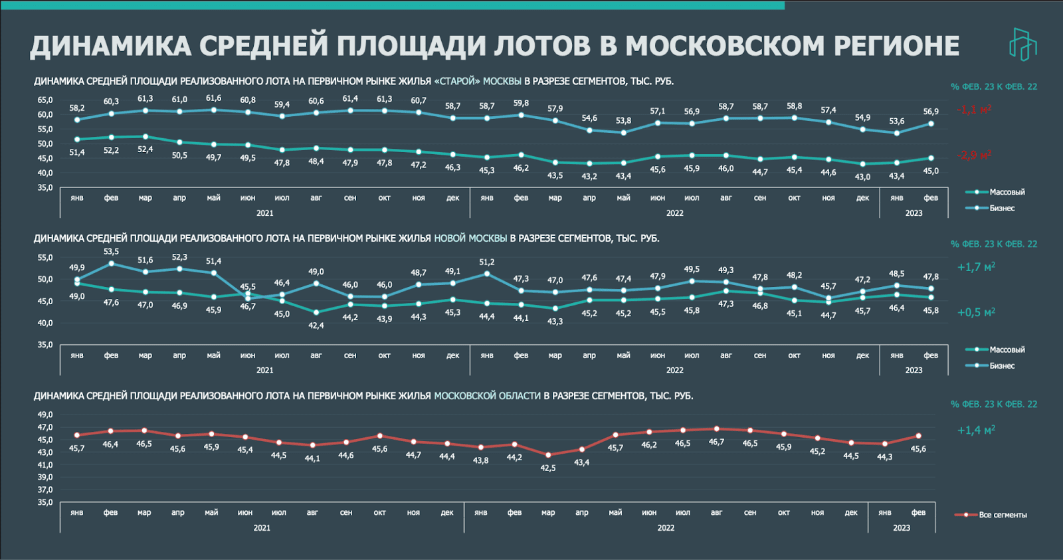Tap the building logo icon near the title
click(x=1022, y=45)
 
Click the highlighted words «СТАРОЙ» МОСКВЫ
click(x=478, y=81)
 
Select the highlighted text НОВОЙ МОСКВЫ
click(x=470, y=238)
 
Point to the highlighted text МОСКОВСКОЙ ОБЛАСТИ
click(x=487, y=395)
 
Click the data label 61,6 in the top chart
click(x=213, y=98)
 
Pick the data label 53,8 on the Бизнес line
click(x=623, y=121)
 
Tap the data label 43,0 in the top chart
click(x=862, y=177)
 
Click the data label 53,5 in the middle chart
click(x=111, y=252)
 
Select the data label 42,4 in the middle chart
click(x=316, y=326)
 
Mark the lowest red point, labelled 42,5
click(x=548, y=455)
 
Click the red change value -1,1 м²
click(x=974, y=110)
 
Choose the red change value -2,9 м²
click(x=974, y=155)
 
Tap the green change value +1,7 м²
click(x=976, y=267)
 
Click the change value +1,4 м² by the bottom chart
click(x=976, y=430)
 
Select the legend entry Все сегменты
click(x=1003, y=515)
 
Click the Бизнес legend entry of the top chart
click(x=1002, y=208)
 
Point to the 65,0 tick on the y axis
click(x=45, y=100)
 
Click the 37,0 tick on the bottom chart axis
click(x=45, y=490)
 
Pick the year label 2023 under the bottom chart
click(x=901, y=527)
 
